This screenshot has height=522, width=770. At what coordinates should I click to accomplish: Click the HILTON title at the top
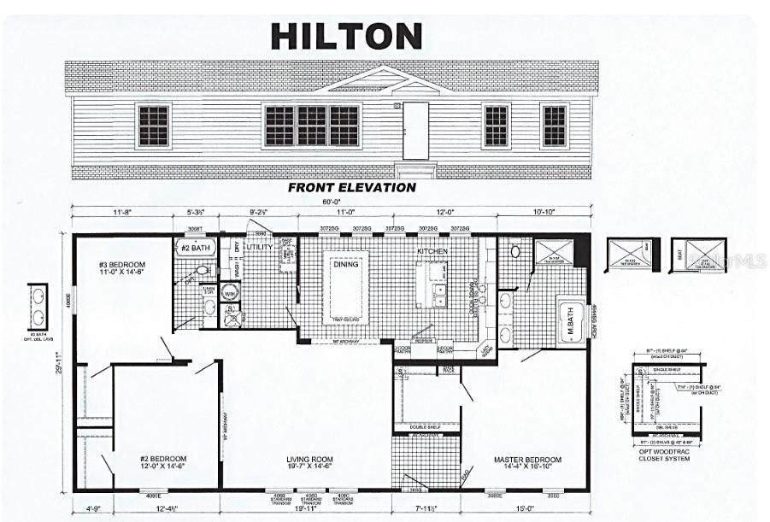(346, 36)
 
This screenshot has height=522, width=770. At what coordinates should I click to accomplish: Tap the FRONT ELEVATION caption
(352, 187)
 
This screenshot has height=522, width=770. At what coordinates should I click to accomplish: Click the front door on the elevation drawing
(415, 131)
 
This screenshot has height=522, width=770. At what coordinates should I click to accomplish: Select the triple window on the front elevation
(311, 126)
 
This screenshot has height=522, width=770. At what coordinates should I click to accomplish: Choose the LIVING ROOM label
(309, 462)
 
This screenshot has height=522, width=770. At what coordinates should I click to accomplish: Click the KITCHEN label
(432, 252)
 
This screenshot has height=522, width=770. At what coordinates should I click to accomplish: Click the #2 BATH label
(195, 248)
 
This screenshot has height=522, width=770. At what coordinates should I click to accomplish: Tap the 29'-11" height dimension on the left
(59, 362)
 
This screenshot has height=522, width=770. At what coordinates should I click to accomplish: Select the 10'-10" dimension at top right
(543, 211)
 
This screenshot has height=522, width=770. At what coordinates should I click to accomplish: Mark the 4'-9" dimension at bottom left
(92, 510)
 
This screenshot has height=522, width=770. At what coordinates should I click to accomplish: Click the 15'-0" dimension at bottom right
(524, 510)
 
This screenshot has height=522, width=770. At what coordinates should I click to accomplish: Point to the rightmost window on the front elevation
(554, 126)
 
